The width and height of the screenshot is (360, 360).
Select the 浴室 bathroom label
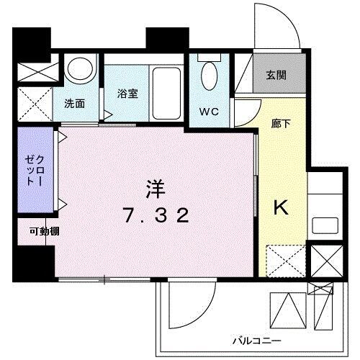[x=128, y=94]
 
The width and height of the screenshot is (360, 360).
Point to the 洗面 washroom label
[x=74, y=103]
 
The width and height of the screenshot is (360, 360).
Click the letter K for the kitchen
[x=281, y=207]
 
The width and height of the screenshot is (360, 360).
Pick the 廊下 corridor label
[x=282, y=123]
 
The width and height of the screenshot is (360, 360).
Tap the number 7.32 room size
[x=156, y=215]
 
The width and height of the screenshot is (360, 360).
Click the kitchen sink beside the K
[x=325, y=225]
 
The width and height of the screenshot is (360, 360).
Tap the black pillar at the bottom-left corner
[x=34, y=263]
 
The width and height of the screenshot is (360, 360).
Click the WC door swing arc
[x=247, y=115]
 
